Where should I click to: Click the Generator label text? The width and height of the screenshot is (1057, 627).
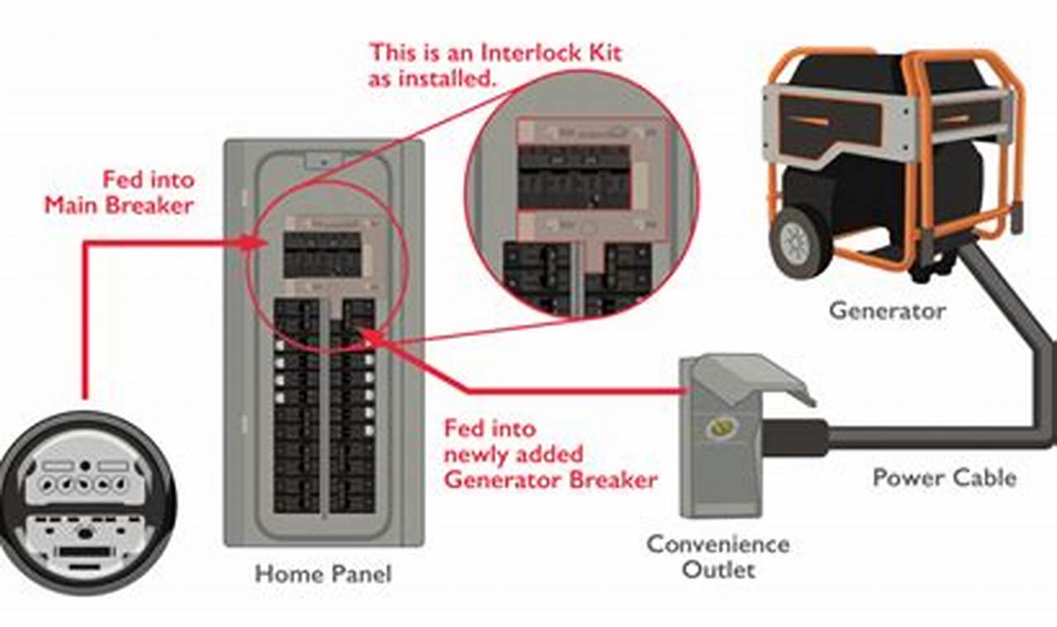coord(887,311)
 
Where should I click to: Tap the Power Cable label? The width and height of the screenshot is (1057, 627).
coord(944,477)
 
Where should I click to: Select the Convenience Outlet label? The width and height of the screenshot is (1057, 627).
coord(718,557)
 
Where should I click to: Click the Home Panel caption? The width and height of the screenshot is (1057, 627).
coord(323,573)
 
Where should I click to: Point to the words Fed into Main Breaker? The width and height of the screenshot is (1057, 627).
coord(119,192)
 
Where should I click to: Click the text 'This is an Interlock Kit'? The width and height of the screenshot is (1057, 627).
coord(495,53)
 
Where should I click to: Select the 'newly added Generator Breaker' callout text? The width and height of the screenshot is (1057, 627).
coord(551,466)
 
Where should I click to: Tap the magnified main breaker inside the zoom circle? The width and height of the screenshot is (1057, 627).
coord(573,178)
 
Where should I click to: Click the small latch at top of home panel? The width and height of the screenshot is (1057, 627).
coord(322,159)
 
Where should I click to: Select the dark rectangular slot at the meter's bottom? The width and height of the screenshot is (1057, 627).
coord(85,551)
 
